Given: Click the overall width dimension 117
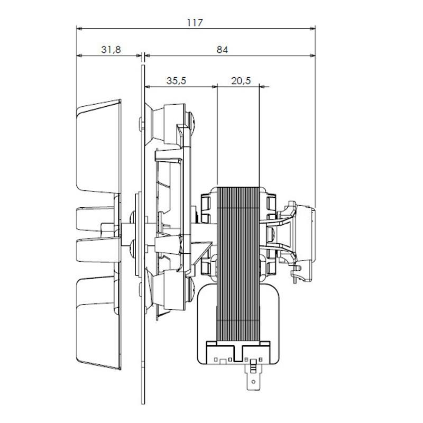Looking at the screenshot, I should coord(195,23).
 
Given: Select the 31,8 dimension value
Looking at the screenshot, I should coord(111,49).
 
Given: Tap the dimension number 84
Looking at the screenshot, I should coord(222,49).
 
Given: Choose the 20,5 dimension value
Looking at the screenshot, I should coord(241,81).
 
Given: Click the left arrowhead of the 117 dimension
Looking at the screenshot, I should coord(80,29).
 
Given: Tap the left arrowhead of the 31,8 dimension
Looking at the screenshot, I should coord(80,55).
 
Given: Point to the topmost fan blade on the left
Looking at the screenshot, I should coord(99,143).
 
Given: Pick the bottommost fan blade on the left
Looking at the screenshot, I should coord(99,323).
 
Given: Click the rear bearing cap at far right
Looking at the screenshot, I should coord(307,233).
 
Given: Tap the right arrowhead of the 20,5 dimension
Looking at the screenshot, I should coord(266,86).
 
